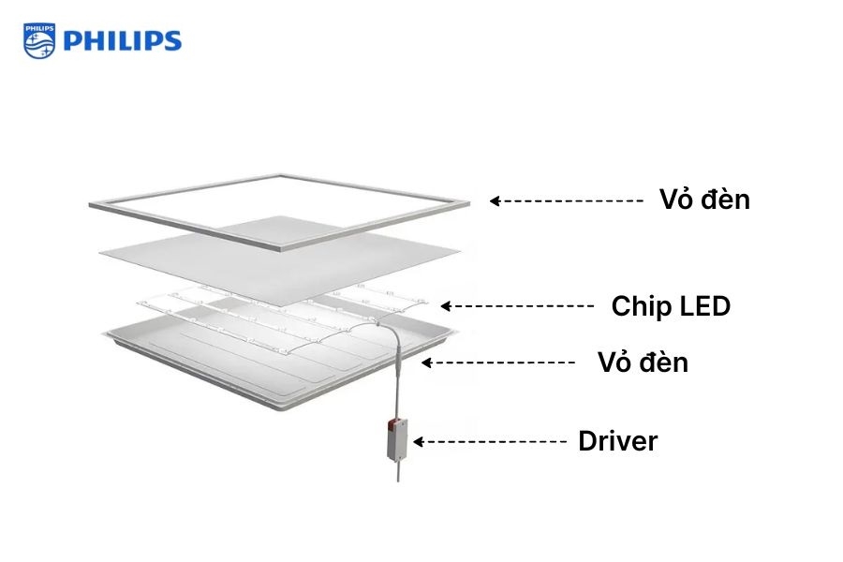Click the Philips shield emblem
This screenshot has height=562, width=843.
(x=39, y=40)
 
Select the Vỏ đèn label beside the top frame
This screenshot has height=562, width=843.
(x=703, y=200)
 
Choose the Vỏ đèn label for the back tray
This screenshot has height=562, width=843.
(x=643, y=362)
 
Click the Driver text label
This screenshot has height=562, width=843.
(x=617, y=441)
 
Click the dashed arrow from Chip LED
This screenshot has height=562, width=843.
(x=517, y=306)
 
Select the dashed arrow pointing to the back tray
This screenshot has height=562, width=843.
(x=499, y=362)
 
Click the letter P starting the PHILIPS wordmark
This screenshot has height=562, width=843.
(x=71, y=41)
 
